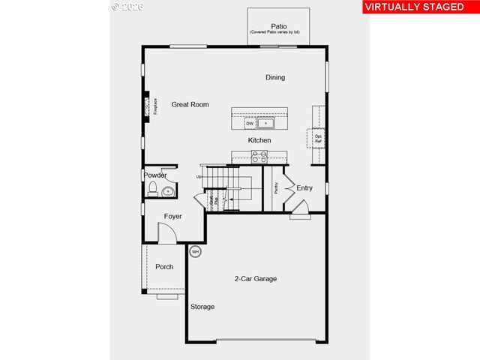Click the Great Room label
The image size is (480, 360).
point(190,104)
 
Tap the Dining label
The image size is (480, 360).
point(275,77)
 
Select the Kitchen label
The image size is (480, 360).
point(259,140)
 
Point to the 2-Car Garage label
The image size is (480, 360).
point(255,279)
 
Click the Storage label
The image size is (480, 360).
point(202,307)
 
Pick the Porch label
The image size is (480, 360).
point(164,267)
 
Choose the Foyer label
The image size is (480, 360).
point(173,217)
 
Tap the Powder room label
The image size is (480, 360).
point(155,175)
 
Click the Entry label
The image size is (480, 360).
point(304,188)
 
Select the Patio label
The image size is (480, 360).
point(278,26)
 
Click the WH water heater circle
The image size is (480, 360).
point(196,252)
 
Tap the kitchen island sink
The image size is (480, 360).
point(265,123)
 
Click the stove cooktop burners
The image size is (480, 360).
point(259,157)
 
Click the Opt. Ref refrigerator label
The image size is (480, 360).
point(318,139)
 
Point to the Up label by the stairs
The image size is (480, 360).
point(199,177)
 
